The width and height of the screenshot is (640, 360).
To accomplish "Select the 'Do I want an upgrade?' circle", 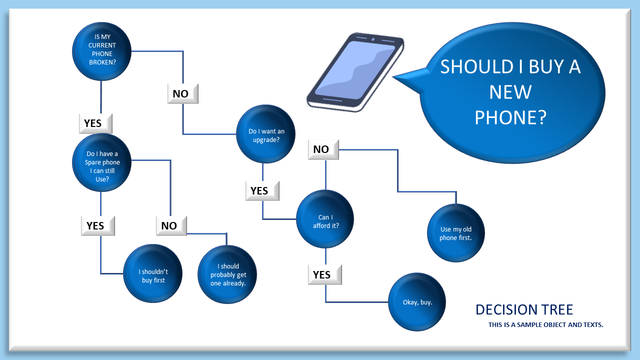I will [266, 134].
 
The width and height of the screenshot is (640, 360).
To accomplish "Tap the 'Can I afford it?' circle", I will [325, 219].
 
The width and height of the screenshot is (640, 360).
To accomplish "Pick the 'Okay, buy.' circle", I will [417, 301].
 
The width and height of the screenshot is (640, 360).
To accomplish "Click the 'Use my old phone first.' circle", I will [455, 233].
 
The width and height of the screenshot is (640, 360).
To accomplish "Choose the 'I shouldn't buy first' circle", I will [153, 274].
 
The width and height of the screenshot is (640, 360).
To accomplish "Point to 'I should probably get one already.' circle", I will [227, 274].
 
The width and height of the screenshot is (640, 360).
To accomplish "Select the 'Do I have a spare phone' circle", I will [101, 162].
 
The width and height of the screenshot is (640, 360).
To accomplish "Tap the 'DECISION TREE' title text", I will [524, 309].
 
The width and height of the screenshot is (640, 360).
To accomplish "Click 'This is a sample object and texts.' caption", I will [545, 325].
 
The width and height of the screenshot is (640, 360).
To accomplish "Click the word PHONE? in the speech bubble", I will [510, 117].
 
